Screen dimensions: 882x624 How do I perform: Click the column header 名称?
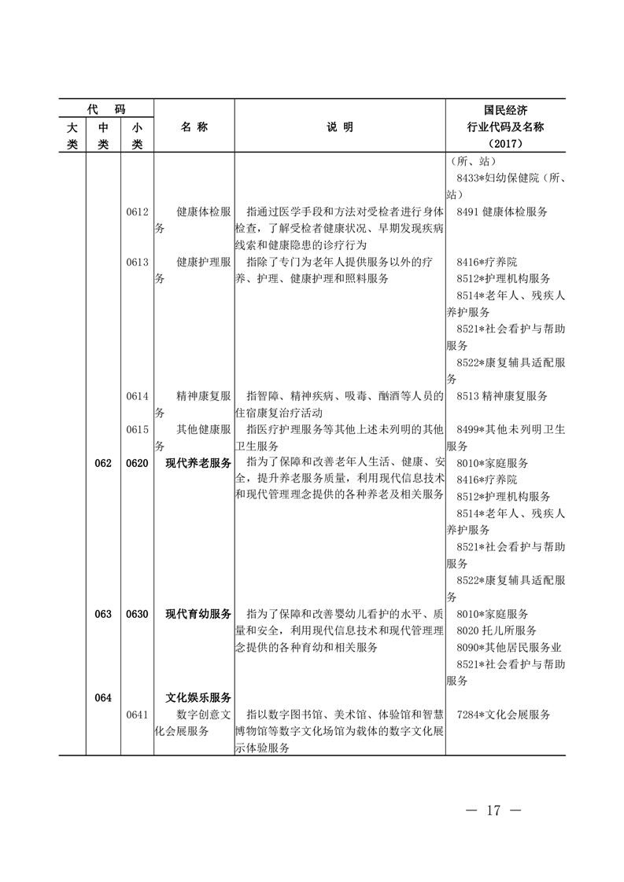194,127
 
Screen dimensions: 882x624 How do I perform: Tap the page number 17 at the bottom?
493,810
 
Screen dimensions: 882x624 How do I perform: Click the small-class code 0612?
137,212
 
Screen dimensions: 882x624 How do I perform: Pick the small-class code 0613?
137,262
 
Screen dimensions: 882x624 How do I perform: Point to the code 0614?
137,396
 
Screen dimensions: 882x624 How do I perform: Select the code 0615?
137,429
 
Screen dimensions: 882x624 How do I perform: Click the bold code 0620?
137,463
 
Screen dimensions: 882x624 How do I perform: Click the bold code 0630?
137,614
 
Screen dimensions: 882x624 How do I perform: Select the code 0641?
137,715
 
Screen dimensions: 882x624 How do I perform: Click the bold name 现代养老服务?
198,463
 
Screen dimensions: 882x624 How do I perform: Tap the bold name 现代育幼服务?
198,614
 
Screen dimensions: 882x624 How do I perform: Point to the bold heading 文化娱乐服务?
198,697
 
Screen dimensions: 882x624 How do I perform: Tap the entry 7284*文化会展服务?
503,715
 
